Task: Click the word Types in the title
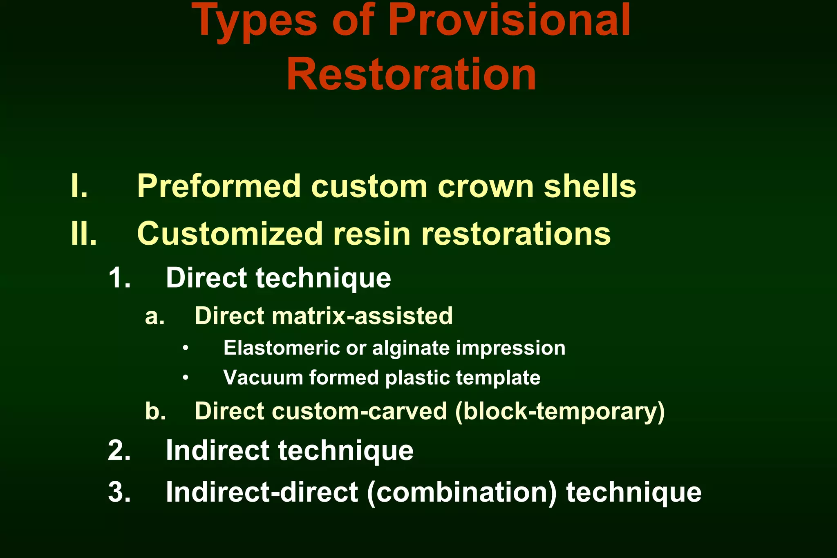254,22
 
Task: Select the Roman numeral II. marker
84,234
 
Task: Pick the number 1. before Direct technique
119,278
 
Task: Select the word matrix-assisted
362,316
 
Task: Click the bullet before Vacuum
186,378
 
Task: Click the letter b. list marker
155,411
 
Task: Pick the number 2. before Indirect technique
119,451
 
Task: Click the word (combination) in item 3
462,492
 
